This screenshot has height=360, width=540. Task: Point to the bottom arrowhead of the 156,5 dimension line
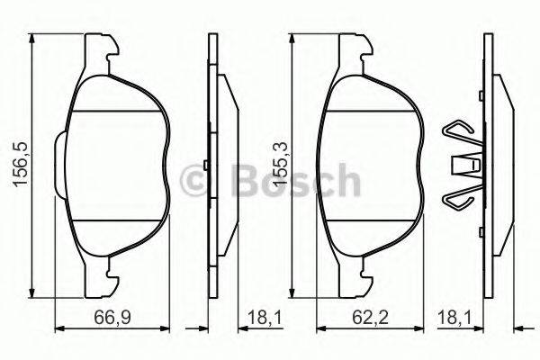click(33, 292)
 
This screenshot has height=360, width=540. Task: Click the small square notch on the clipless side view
click(206, 164)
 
